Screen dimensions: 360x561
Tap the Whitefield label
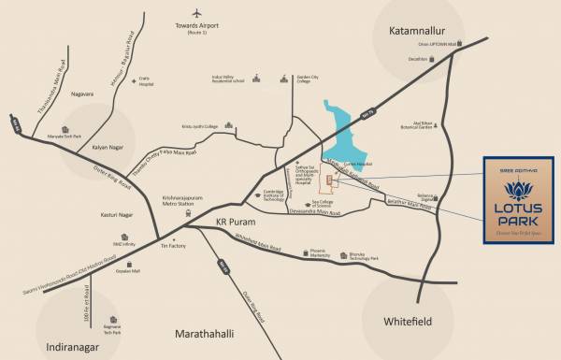click(412, 321)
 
